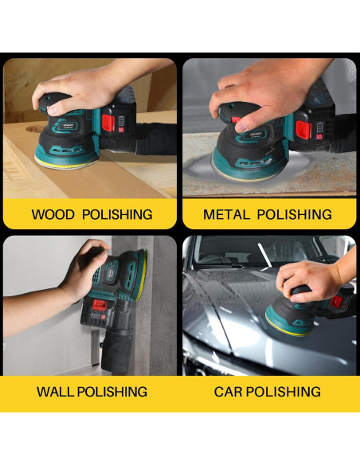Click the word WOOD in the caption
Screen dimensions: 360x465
[53, 214]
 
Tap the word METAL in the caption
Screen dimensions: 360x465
[226, 214]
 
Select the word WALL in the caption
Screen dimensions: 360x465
[56, 392]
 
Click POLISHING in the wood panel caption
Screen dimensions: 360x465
[117, 214]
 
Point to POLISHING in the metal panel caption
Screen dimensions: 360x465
[294, 214]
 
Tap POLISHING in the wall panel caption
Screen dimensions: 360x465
[112, 392]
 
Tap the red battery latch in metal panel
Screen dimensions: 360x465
[303, 130]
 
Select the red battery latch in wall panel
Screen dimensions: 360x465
[100, 304]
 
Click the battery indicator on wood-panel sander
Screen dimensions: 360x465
[122, 121]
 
